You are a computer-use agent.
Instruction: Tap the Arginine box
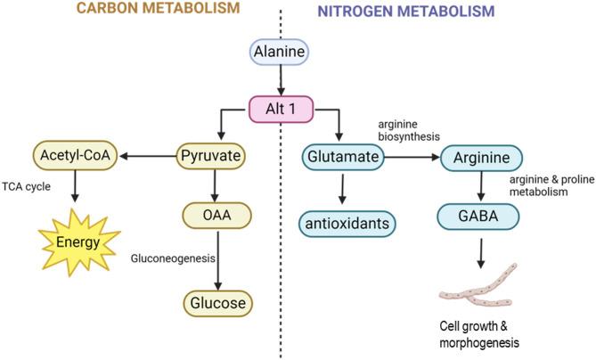pos(483,157)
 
